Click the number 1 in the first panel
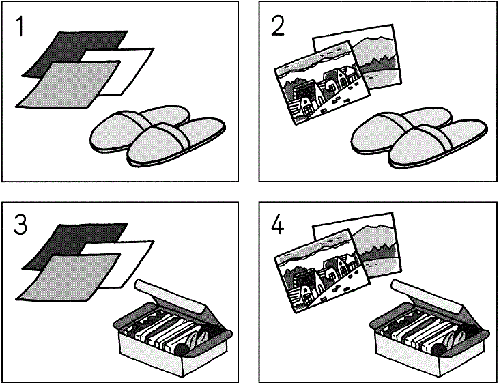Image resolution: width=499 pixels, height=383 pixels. coord(20,27)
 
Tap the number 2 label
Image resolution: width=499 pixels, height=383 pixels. coord(278,26)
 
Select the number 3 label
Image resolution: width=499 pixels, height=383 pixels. coord(20,225)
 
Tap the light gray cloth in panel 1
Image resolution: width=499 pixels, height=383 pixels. coord(68,85)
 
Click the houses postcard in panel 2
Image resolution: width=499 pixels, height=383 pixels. coord(322,83)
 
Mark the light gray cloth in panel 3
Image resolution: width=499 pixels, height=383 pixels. coord(68,277)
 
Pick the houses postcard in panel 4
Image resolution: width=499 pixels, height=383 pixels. coord(322,270)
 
